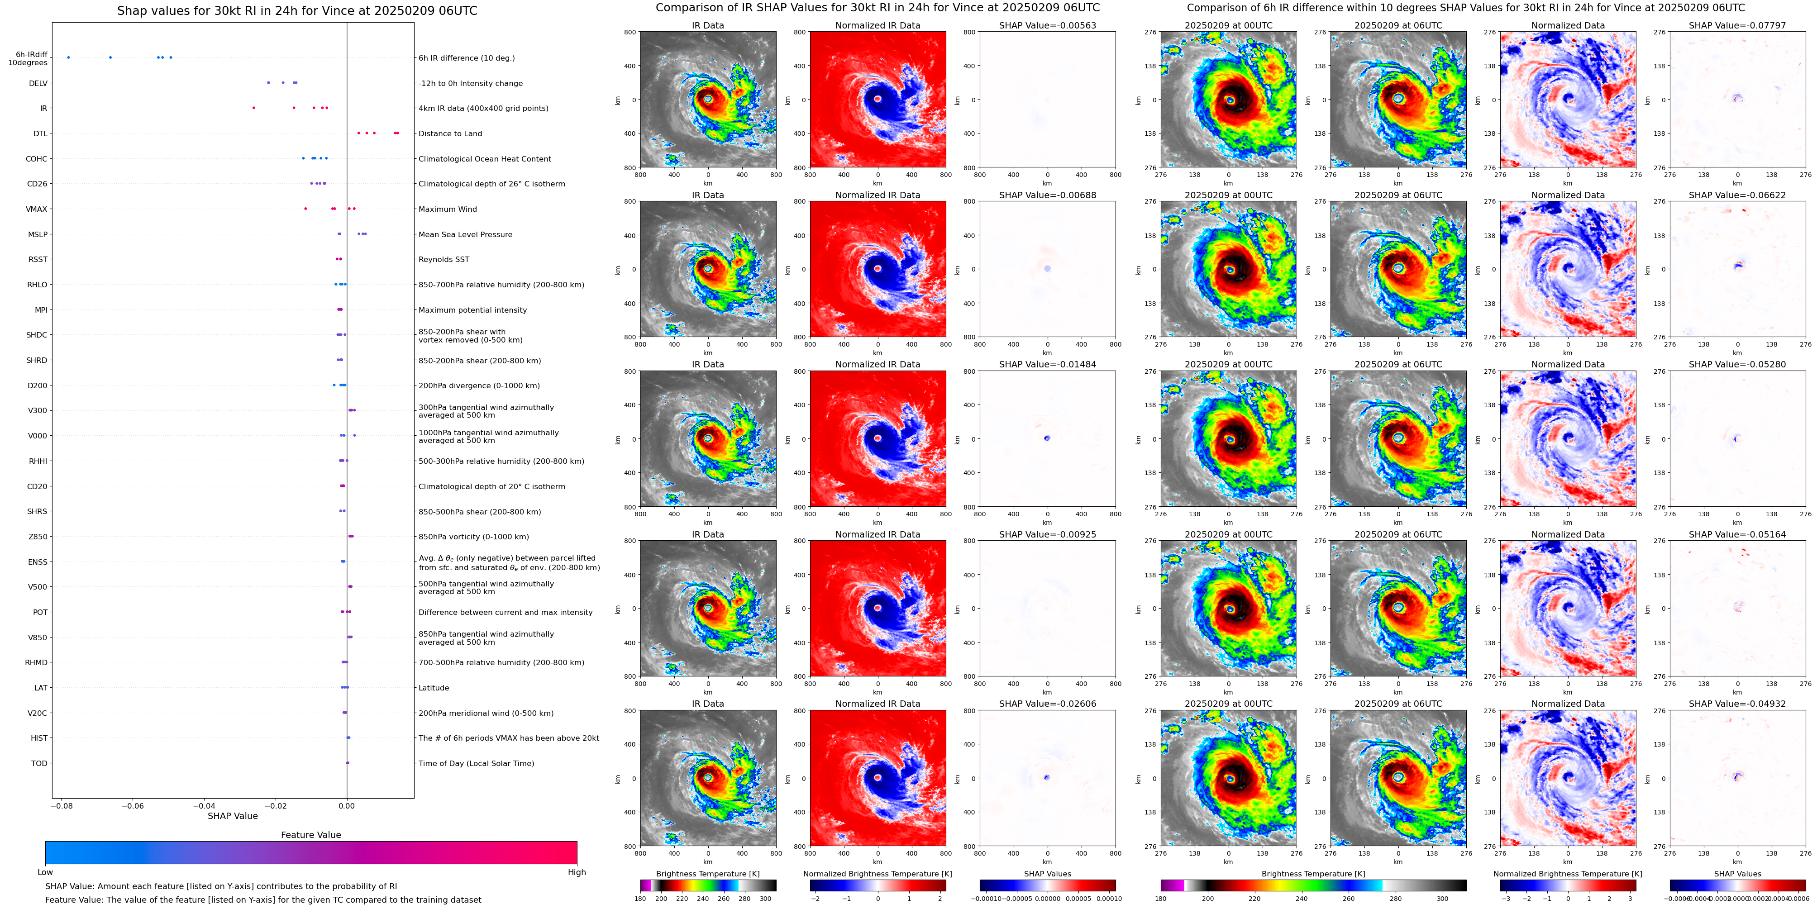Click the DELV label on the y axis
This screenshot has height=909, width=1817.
pos(38,83)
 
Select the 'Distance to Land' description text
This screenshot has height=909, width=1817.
pos(450,133)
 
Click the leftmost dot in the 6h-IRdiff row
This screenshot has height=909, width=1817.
pos(68,57)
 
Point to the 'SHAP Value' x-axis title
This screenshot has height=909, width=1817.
pos(232,816)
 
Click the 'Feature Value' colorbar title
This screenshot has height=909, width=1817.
pos(310,835)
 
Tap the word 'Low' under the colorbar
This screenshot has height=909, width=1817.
pos(45,872)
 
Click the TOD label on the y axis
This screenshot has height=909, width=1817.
pos(39,763)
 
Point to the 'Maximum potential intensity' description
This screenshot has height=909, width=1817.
pos(472,310)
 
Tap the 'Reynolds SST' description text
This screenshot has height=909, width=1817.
pos(444,260)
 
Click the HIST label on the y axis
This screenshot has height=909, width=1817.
pos(39,738)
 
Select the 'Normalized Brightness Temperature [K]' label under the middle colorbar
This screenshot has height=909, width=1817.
pos(878,874)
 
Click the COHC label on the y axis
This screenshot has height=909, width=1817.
pos(37,159)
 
